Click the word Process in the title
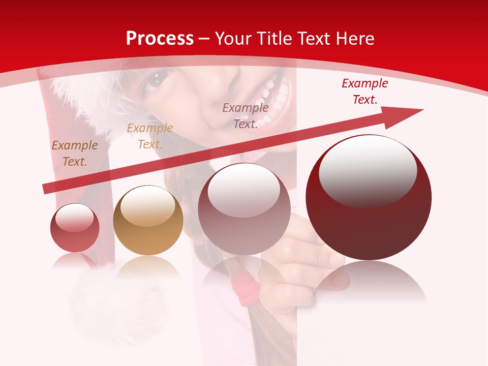click(x=160, y=39)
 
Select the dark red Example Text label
click(x=364, y=91)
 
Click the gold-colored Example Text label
click(x=149, y=136)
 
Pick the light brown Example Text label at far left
click(x=74, y=154)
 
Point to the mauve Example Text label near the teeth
click(x=246, y=115)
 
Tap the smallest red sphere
click(x=75, y=228)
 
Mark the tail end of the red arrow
click(x=47, y=189)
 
